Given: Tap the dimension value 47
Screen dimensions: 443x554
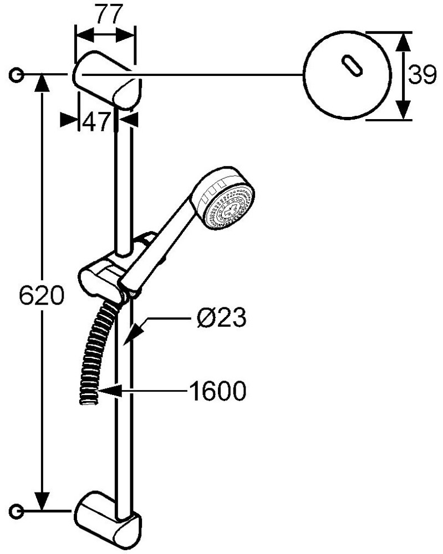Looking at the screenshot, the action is coord(96,122).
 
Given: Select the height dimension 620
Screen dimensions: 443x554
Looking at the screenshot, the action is coord(42,295).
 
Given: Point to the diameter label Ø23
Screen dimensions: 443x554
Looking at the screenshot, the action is coord(221,317).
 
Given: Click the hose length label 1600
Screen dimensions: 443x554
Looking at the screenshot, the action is coord(217,391).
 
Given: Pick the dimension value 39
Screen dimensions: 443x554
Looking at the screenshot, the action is coord(422,75).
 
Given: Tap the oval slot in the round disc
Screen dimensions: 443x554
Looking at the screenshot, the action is coord(352,66).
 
